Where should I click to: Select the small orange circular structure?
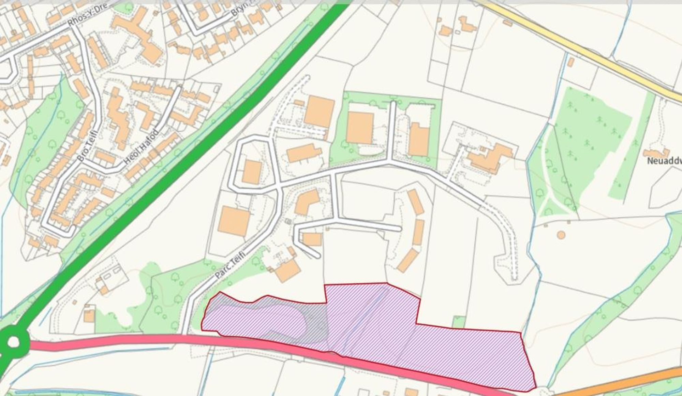tap(561, 235)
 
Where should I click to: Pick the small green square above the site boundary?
tap(459, 322)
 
